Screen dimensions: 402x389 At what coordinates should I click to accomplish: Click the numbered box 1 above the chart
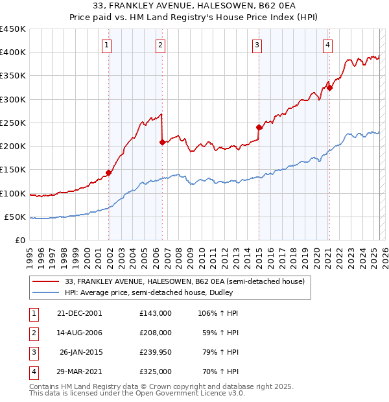tap(106, 45)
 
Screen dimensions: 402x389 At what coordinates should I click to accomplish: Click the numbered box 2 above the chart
tap(160, 45)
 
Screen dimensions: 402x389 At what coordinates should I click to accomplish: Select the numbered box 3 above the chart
tap(257, 45)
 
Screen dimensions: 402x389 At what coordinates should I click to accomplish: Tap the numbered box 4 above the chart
tap(328, 45)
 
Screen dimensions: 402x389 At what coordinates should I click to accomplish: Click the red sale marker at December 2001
tap(109, 172)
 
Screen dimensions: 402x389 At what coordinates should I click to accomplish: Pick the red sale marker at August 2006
tap(162, 142)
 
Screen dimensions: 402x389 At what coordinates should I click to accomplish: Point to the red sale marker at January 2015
tap(259, 127)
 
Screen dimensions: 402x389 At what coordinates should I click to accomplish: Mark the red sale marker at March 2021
tap(329, 88)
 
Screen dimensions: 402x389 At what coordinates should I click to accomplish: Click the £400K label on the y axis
tap(12, 53)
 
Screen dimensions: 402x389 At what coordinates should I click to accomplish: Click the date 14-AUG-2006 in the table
tap(80, 333)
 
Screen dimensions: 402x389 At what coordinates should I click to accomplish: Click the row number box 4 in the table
tap(32, 372)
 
